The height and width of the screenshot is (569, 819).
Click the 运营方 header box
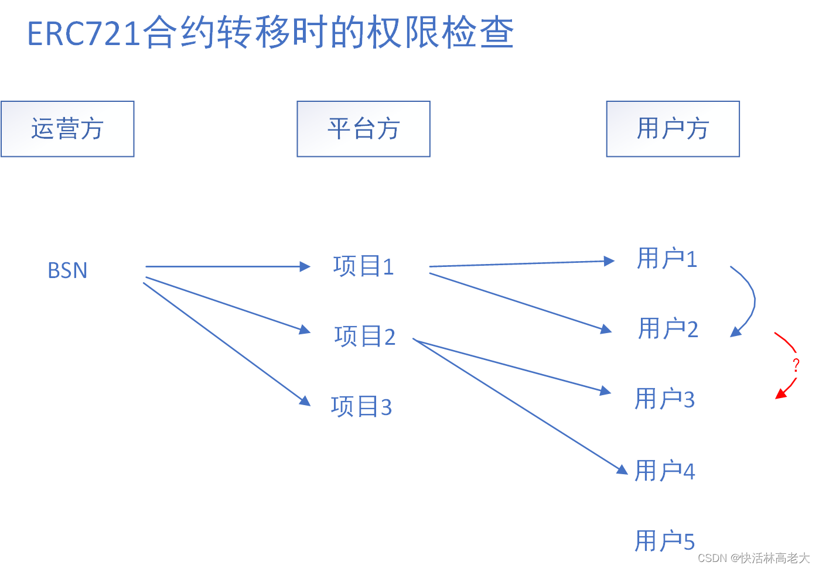point(67,129)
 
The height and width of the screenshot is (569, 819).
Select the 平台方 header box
point(363,129)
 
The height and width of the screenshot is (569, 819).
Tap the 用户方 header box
point(673,129)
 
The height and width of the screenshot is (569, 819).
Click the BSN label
point(67,270)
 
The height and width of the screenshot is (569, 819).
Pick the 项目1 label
point(363,266)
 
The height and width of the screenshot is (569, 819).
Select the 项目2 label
point(364,337)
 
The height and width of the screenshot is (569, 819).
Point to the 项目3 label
point(361,406)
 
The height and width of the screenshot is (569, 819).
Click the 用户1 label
point(667,259)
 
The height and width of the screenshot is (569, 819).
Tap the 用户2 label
point(668,329)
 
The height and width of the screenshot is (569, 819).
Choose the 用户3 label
point(664,399)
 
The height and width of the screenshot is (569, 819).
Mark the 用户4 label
point(664,471)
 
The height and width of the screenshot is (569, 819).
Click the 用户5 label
point(664,541)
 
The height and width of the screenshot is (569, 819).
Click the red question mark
point(796,365)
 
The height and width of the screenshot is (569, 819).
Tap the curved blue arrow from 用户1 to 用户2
point(752,300)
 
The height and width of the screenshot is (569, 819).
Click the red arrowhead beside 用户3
point(780,394)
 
